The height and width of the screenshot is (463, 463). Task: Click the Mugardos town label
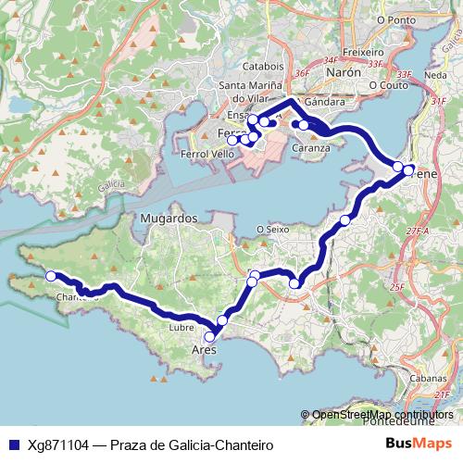pos(164,219)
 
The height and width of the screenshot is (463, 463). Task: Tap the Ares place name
pos(203,351)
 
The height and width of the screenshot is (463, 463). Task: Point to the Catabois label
pos(263,67)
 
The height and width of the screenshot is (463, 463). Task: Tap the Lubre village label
pos(182,328)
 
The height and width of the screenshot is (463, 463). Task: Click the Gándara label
pos(324,102)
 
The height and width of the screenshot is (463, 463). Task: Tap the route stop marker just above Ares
pos(221,321)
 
